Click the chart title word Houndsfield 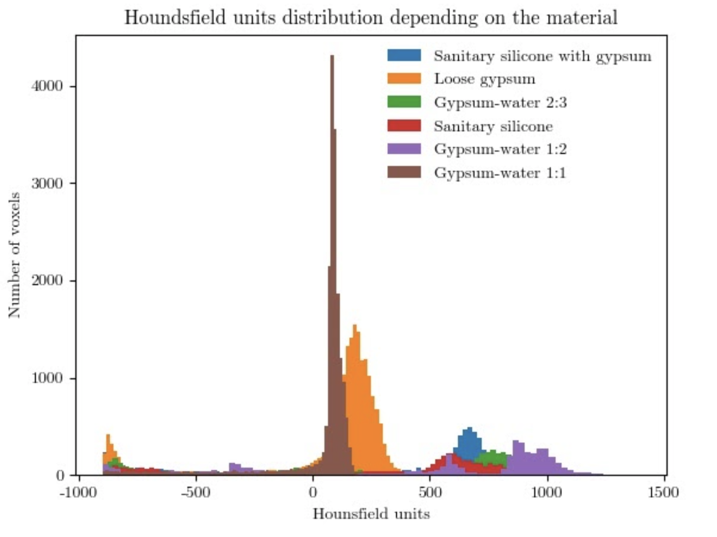click(x=175, y=18)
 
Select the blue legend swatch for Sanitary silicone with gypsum click(x=404, y=55)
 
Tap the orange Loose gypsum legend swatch click(x=404, y=79)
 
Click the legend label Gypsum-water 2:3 click(x=500, y=103)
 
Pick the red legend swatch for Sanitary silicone click(x=404, y=126)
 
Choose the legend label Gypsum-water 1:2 click(x=500, y=149)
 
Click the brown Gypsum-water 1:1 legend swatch click(x=404, y=173)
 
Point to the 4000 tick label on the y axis click(x=47, y=86)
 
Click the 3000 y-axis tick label click(x=47, y=184)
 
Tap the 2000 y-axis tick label click(x=47, y=280)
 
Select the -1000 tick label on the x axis click(x=78, y=492)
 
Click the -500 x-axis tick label click(x=195, y=492)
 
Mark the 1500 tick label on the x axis click(x=663, y=492)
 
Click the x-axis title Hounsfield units click(x=371, y=514)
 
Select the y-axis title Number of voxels click(x=14, y=255)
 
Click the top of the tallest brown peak click(x=332, y=57)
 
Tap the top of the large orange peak click(x=355, y=326)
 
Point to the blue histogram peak click(x=470, y=429)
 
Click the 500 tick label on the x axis click(x=430, y=492)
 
